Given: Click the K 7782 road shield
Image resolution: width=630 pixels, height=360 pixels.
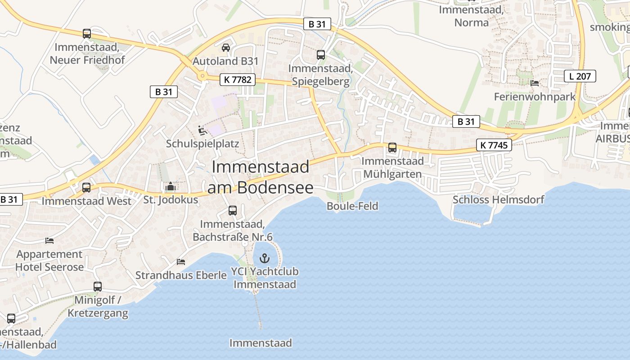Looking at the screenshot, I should tap(238, 80).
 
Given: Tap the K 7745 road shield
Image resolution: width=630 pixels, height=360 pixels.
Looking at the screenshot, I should tap(494, 144).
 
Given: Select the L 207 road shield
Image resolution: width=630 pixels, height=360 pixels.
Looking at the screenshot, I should tap(580, 76).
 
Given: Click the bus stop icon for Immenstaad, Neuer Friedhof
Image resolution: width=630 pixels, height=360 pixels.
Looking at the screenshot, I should tap(87, 34).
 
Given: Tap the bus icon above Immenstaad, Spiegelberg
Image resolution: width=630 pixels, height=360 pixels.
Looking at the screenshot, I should tap(321, 55).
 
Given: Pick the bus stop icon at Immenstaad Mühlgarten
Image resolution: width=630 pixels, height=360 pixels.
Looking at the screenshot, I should tap(392, 147).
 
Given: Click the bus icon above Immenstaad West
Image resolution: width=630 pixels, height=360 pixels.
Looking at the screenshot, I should tap(86, 187).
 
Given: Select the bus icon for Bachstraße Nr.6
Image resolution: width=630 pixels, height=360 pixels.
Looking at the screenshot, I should tap(233, 210).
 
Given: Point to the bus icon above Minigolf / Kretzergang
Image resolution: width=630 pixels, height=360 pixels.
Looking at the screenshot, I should tap(98, 286).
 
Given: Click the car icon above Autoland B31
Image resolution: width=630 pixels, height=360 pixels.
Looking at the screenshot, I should tap(226, 48).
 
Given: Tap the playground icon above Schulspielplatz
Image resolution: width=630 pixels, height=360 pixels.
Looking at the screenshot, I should tap(202, 130).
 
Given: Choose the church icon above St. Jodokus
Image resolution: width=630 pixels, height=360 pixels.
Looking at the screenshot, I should tap(171, 186).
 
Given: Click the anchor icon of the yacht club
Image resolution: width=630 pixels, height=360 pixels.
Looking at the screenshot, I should tap(265, 258).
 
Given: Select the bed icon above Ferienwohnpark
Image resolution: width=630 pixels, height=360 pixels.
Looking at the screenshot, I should tap(535, 83).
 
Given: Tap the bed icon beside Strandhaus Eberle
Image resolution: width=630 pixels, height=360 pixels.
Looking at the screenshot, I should tap(181, 261).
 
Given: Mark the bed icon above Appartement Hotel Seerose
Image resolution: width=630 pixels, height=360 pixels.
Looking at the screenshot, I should tap(49, 241).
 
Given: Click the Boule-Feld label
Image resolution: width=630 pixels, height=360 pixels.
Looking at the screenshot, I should tap(352, 206).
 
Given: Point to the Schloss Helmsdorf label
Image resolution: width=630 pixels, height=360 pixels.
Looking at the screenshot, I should tap(498, 199).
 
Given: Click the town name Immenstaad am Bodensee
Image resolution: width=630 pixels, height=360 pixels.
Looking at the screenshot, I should tap(261, 177).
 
